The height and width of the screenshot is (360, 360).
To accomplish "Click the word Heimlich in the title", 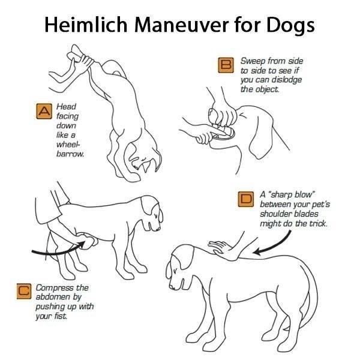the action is (86, 25).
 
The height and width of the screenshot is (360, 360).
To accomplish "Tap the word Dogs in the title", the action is (290, 26).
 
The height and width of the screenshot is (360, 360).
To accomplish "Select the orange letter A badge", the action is (44, 112).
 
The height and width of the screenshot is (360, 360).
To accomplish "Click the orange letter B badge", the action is (226, 65).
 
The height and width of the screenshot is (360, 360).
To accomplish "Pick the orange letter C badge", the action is (24, 292).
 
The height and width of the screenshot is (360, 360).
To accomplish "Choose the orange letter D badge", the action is (246, 199).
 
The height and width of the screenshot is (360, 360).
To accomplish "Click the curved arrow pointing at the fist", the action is (59, 250).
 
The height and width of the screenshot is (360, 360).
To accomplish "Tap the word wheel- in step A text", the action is (68, 145).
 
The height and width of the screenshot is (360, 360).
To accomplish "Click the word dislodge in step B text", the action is (287, 80).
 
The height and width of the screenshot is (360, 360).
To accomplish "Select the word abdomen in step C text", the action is (53, 297).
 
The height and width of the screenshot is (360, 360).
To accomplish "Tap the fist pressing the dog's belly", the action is (87, 241).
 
